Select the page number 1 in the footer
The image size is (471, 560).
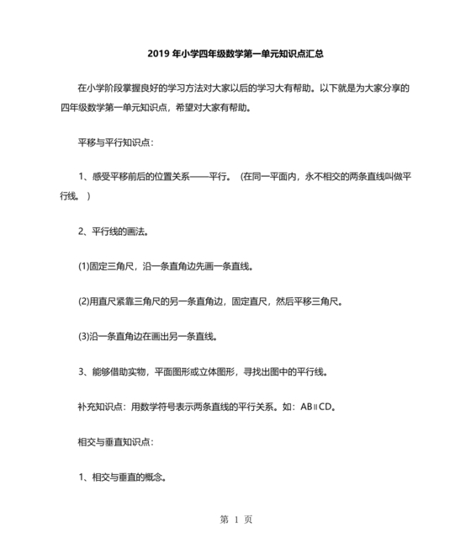point(236,519)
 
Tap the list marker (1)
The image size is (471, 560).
point(84,266)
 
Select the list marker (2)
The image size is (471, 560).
point(84,301)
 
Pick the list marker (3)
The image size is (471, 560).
point(84,336)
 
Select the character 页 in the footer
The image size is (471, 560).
point(249,519)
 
